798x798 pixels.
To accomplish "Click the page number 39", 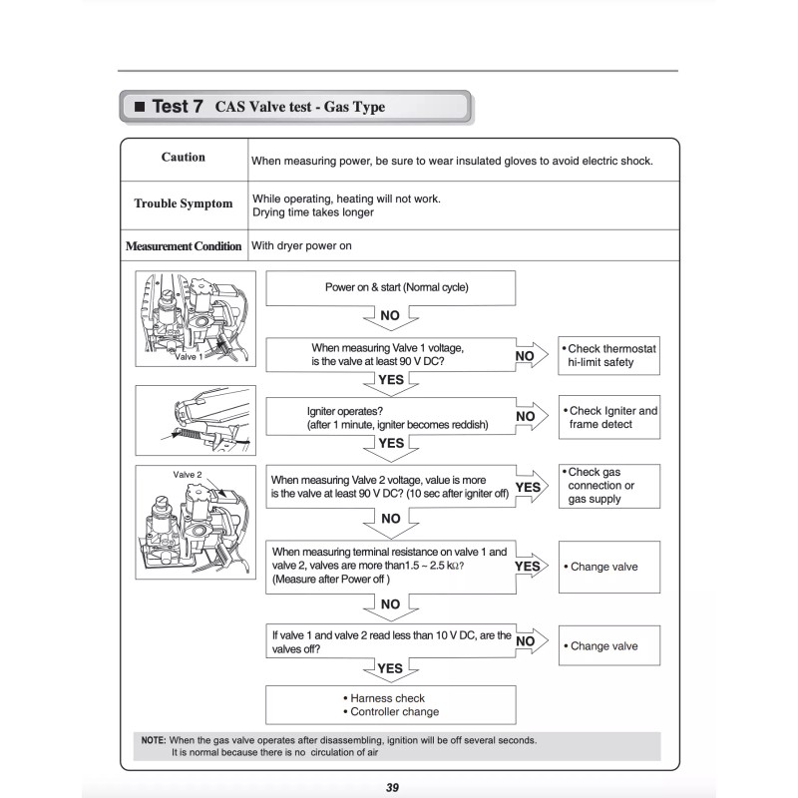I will click(392, 787).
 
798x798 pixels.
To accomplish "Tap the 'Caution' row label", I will click(184, 158).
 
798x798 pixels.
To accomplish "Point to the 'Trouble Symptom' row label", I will click(184, 203).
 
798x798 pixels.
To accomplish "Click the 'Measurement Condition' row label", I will click(184, 246).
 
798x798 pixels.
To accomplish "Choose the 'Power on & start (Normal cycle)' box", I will click(390, 288).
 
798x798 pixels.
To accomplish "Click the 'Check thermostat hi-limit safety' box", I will click(609, 356).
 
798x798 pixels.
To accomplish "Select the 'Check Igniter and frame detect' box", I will click(609, 417).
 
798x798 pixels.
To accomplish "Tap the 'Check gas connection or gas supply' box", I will click(609, 486).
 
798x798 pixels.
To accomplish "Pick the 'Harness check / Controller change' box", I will click(390, 705).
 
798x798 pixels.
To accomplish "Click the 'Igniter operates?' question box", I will click(390, 417).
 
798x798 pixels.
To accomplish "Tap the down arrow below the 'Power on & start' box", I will click(390, 316).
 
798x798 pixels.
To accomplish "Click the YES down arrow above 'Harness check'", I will click(390, 668).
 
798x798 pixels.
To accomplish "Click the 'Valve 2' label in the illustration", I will click(189, 475).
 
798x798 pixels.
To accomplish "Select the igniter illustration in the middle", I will click(196, 420).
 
